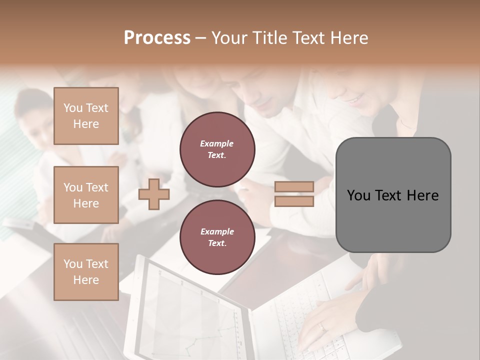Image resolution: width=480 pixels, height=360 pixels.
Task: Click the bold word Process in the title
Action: tap(157, 38)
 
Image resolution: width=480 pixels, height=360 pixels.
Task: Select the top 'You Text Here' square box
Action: tap(86, 116)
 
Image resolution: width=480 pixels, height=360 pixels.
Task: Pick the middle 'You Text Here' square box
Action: tap(86, 195)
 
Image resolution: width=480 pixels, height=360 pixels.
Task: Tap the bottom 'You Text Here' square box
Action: tap(86, 272)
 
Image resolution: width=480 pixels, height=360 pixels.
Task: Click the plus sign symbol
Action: tap(154, 194)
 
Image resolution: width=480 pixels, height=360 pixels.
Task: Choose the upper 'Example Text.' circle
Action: tap(217, 149)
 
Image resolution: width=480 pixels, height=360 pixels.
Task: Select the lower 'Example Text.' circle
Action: tap(217, 237)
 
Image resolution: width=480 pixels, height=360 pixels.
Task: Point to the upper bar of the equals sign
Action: tap(294, 187)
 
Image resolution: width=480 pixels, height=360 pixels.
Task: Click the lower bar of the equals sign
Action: tap(294, 201)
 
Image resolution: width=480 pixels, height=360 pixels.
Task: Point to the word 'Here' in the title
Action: tap(349, 38)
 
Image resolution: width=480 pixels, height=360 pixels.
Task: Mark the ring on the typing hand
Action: tap(322, 327)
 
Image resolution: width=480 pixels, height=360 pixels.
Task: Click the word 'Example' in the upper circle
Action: tap(216, 143)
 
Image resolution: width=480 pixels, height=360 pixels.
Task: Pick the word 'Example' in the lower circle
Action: tap(217, 231)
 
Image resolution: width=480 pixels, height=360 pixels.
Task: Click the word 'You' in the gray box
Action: tap(358, 195)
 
